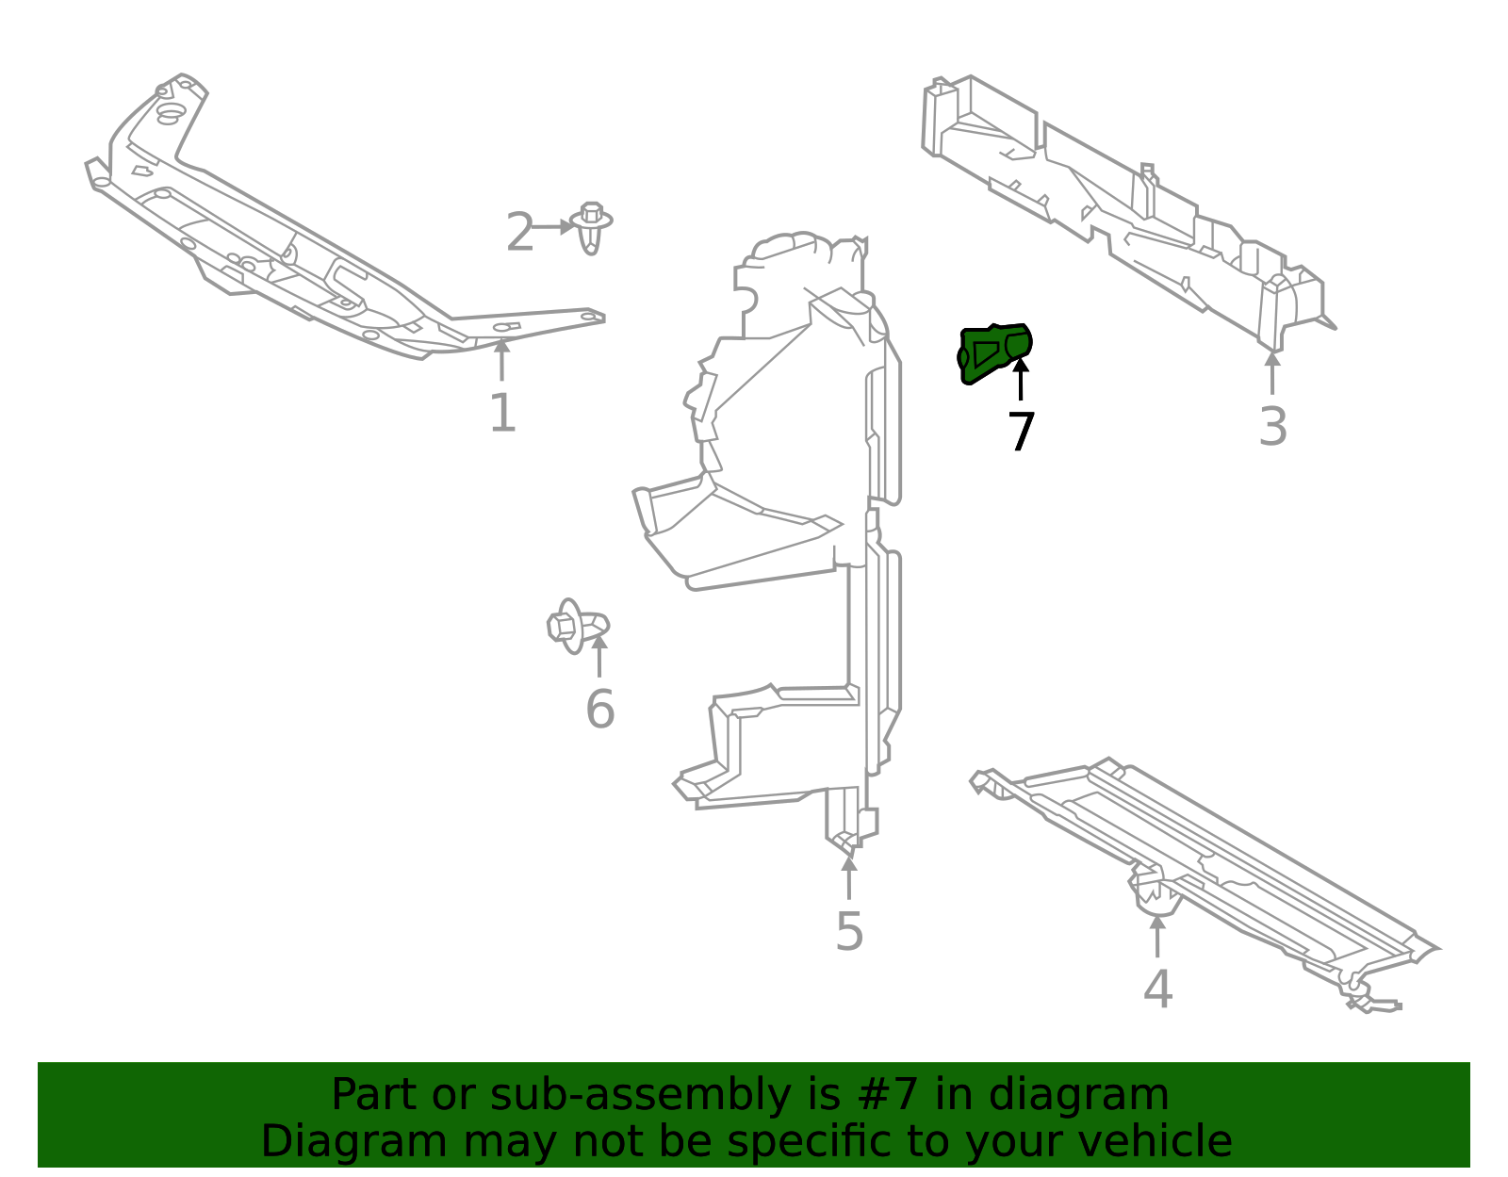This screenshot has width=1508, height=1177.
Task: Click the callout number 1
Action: pyautogui.click(x=502, y=414)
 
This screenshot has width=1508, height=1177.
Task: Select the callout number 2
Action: pyautogui.click(x=519, y=233)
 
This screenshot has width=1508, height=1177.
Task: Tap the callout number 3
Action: pyautogui.click(x=1272, y=427)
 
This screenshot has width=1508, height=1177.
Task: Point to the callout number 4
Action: pyautogui.click(x=1157, y=989)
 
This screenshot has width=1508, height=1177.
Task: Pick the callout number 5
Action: pyautogui.click(x=849, y=932)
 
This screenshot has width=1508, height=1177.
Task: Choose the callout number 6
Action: pyautogui.click(x=599, y=710)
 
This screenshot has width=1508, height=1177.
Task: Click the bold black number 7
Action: pyautogui.click(x=1021, y=433)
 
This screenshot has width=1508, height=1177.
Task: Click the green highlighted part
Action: pyautogui.click(x=992, y=352)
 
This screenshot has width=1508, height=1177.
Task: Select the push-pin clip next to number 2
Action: pyautogui.click(x=591, y=227)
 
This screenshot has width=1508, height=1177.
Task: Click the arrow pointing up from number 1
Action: pyautogui.click(x=502, y=360)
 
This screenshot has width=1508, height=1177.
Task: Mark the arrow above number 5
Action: pyautogui.click(x=849, y=877)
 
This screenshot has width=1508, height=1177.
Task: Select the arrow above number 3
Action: pyautogui.click(x=1272, y=372)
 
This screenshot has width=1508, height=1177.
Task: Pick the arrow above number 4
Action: pyautogui.click(x=1157, y=935)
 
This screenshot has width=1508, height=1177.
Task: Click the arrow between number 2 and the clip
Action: pyautogui.click(x=553, y=227)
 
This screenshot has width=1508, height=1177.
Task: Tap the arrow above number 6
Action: pyautogui.click(x=599, y=656)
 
